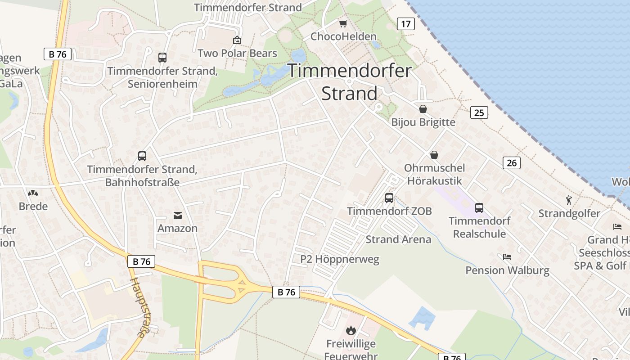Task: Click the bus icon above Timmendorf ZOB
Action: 389,198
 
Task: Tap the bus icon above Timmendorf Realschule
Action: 479,207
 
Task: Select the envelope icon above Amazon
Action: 178,215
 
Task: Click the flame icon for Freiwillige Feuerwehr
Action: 351,331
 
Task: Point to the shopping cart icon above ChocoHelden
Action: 343,23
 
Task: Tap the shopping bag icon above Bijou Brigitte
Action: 423,109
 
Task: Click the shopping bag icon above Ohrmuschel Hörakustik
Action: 434,155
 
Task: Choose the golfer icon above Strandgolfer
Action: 569,200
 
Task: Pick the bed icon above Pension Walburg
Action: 507,257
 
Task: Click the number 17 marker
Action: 405,24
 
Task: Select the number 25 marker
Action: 479,112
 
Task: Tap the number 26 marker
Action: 512,163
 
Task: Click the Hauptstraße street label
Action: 139,307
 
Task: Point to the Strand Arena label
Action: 398,239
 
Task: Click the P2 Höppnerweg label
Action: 340,259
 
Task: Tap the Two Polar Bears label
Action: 237,53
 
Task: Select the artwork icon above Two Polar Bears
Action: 237,40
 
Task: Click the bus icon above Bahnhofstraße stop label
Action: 142,156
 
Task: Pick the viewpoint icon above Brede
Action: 33,193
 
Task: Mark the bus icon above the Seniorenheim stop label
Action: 162,58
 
